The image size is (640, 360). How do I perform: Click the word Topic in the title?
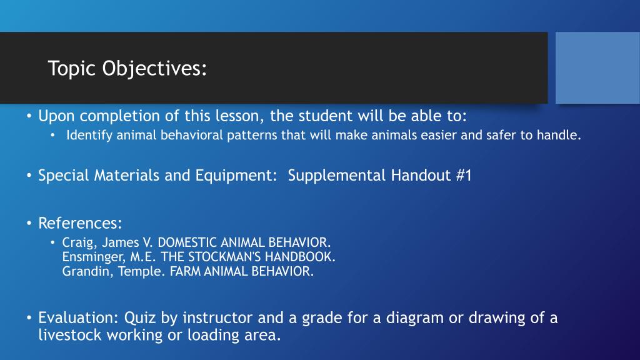73,68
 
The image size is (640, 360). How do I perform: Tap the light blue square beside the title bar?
597,67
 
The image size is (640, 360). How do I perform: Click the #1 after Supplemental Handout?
463,176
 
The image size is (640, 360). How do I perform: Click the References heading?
80,223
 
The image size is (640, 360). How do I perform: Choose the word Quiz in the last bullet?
141,317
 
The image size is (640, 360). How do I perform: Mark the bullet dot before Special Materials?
29,176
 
